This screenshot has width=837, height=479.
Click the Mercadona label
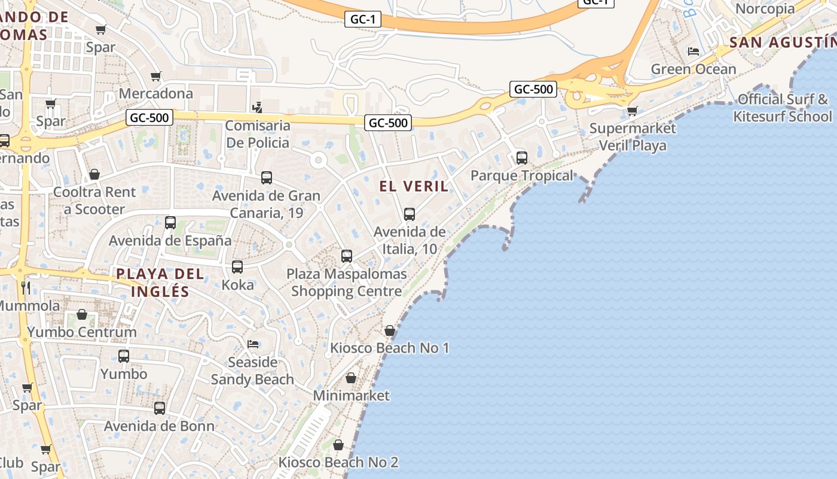point(156,93)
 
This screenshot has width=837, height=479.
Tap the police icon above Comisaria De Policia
point(258,108)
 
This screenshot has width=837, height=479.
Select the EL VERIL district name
point(414,186)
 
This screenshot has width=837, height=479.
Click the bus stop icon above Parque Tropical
point(522,158)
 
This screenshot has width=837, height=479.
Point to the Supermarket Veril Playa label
point(633,137)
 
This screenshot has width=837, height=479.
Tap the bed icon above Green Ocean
point(694,51)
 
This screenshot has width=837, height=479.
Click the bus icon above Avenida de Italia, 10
point(410,214)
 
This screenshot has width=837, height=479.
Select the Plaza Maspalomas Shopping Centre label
point(347,283)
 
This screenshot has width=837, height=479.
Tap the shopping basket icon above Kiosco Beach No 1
point(390,331)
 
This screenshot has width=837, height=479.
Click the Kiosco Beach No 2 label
point(338,462)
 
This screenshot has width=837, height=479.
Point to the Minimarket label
point(352,396)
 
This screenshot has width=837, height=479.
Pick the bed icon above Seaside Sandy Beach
point(253,344)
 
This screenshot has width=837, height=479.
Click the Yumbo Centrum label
point(82,332)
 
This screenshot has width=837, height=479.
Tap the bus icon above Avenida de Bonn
point(160,408)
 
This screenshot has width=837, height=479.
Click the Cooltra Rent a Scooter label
point(94,201)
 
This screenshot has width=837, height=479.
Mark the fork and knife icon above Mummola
point(26,288)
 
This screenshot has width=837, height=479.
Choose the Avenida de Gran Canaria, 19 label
point(267,204)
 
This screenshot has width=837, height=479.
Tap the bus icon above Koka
point(237,267)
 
